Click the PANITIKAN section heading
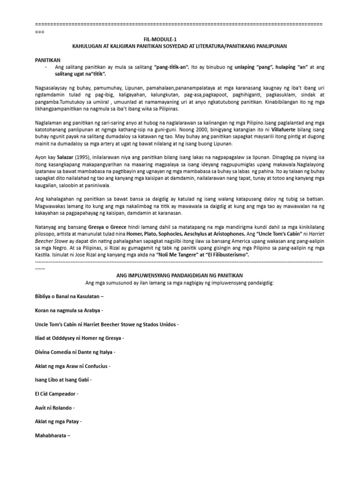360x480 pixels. (x=49, y=60)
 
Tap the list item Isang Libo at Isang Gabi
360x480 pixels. (x=63, y=379)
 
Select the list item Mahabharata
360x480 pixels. (x=52, y=435)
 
